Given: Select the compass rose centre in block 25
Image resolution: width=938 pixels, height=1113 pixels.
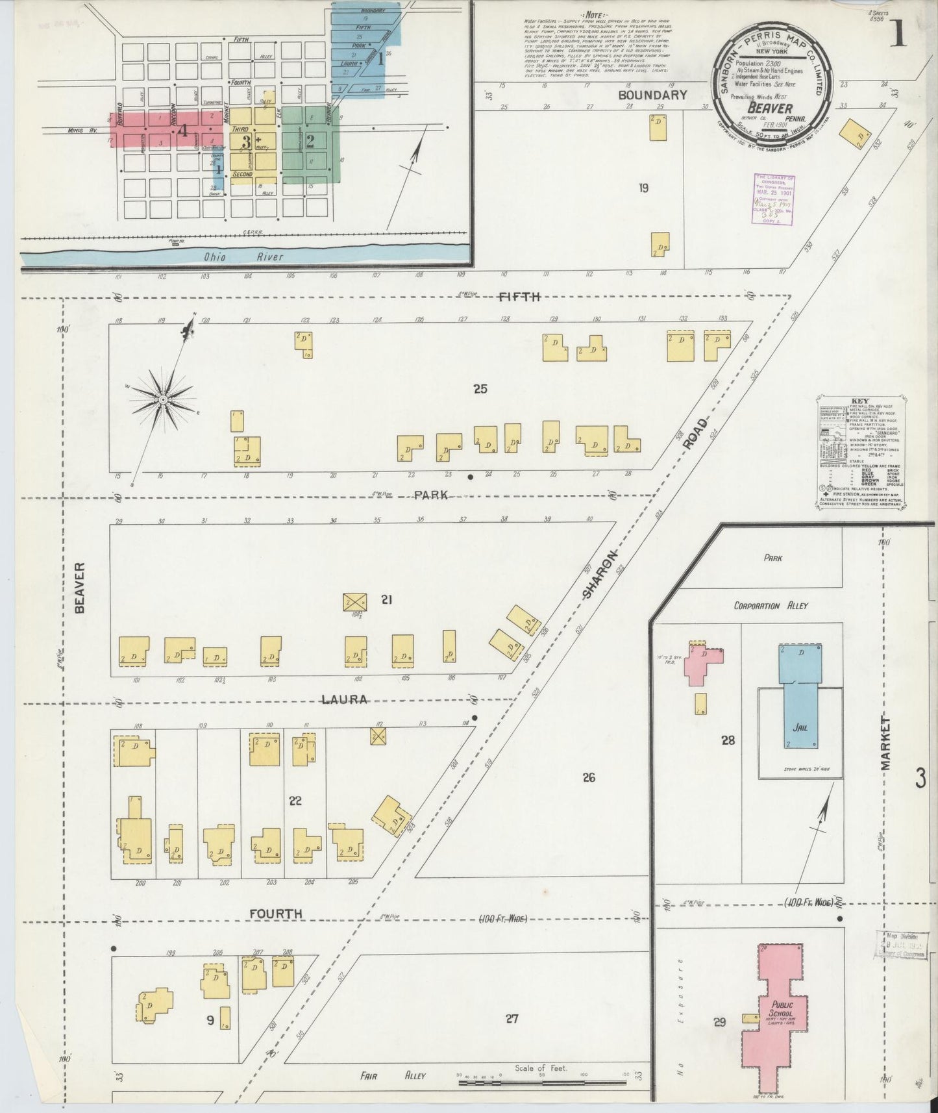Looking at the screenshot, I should [x=163, y=398].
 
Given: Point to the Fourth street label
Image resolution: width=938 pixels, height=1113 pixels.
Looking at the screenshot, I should [x=276, y=914].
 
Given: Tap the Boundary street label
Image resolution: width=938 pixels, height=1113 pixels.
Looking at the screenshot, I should [x=652, y=95].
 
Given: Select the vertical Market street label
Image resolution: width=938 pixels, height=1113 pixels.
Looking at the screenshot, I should [x=887, y=744].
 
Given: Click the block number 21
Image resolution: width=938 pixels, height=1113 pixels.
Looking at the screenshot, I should [x=387, y=600].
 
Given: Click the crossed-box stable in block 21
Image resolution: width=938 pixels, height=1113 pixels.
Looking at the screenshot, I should [x=354, y=601].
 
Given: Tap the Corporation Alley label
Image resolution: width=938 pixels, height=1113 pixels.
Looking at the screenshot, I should [x=771, y=605].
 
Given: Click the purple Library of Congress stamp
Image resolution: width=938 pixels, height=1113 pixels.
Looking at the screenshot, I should [x=774, y=199].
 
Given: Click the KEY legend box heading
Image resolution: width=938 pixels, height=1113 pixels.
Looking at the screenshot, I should [x=862, y=401].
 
